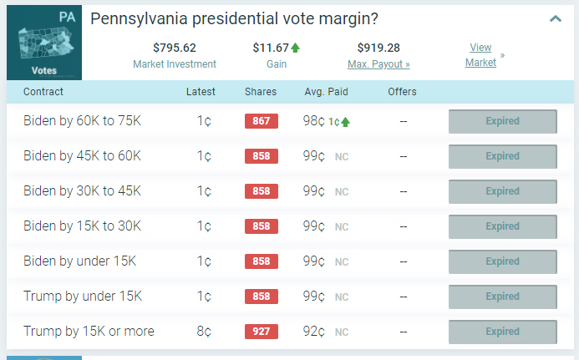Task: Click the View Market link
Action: tap(480, 55)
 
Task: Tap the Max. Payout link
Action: tap(378, 63)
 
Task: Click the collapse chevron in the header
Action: tap(556, 18)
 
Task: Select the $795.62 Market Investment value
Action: tap(174, 48)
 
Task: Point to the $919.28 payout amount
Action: tap(378, 48)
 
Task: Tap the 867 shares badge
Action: tap(261, 121)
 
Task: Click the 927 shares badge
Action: tap(261, 332)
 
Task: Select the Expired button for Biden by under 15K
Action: tap(502, 261)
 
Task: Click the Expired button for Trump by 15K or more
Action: tap(502, 332)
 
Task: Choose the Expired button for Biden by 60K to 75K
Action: tap(502, 121)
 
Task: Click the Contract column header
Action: tap(43, 92)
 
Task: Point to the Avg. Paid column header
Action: tap(326, 92)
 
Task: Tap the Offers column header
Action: tap(402, 92)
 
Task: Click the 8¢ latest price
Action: tap(204, 332)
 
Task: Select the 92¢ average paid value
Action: tap(314, 332)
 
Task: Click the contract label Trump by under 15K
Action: tap(83, 297)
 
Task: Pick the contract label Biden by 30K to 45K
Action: tap(82, 191)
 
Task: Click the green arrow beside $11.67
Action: tap(296, 48)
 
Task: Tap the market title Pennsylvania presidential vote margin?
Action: tap(234, 18)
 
